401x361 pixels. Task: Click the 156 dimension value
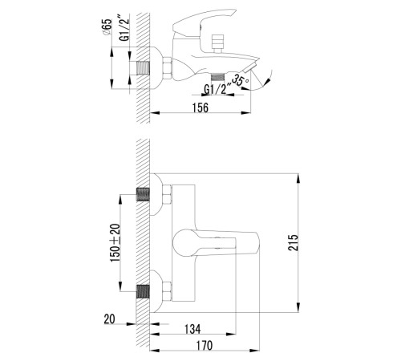coord(200,107)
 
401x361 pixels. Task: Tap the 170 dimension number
coord(205,346)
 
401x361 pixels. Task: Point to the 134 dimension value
coord(192,329)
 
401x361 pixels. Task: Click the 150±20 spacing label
coord(115,243)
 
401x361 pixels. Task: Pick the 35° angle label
coord(241,80)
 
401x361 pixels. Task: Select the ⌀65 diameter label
coord(107,26)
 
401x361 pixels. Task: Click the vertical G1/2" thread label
coord(124,29)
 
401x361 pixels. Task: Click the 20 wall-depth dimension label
coord(110,319)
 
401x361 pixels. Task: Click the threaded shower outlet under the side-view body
coord(217,77)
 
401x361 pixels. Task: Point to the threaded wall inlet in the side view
coord(143,68)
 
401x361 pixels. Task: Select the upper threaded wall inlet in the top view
coord(143,195)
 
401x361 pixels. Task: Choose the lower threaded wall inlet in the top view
coord(143,291)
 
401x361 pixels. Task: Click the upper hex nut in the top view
coord(167,195)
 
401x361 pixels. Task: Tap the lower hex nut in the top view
coord(167,291)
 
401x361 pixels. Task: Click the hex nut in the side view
coord(167,68)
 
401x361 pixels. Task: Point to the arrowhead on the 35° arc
coord(267,83)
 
